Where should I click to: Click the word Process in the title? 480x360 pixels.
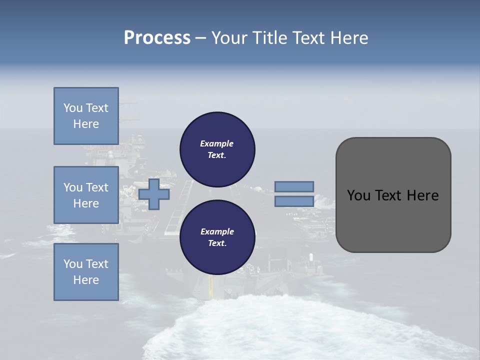coord(157,38)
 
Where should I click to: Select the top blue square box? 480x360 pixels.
coord(86,116)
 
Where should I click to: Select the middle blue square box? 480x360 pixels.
coord(86,195)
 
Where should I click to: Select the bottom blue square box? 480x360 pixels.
coord(86,272)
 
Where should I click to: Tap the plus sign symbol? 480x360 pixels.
coord(154,194)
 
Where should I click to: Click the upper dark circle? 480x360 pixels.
coord(217,149)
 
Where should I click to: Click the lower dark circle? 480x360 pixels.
coord(217,237)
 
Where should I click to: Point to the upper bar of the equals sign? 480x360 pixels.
coord(294,186)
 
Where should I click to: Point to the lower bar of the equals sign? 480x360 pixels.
coord(294,201)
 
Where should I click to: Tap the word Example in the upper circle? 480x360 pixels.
coord(217,143)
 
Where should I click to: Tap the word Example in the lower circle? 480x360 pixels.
coord(217,231)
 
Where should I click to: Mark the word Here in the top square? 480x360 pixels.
coord(86,124)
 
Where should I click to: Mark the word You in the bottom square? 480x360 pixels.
coord(72,264)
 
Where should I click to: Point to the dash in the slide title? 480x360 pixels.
coord(201,38)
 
